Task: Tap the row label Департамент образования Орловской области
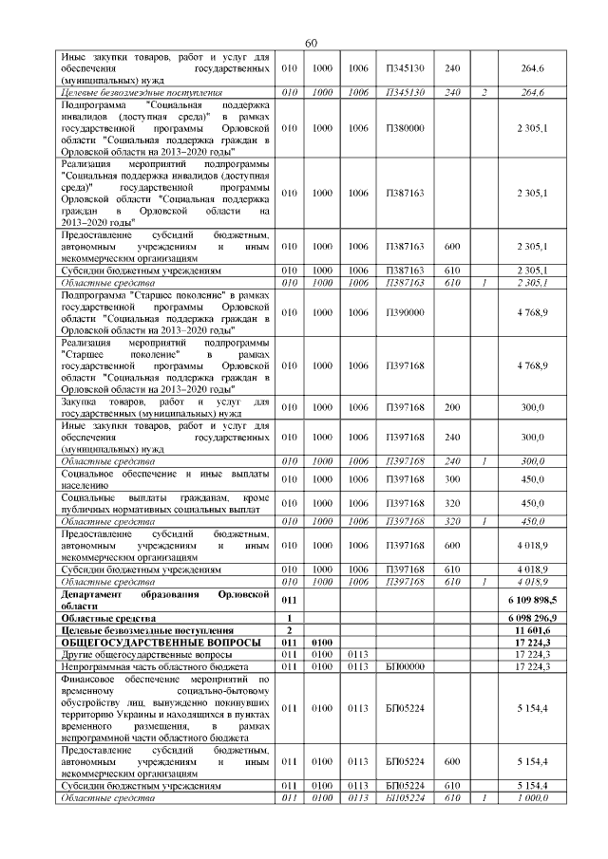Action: click(163, 600)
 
